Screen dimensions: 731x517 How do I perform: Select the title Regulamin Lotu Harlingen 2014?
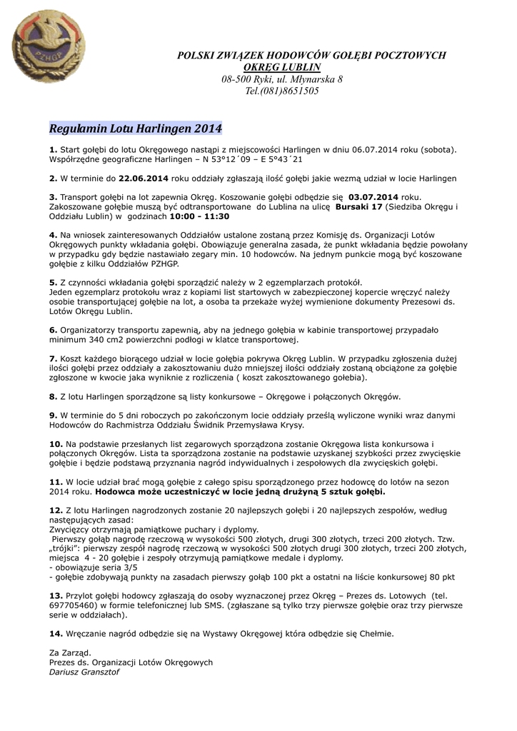(136, 128)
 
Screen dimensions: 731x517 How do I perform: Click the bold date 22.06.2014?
(144, 178)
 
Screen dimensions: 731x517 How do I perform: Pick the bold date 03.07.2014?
(373, 196)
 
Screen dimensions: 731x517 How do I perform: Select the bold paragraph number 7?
(53, 358)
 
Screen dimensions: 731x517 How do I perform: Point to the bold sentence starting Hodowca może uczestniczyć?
(240, 492)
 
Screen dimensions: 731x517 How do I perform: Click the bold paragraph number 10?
(56, 443)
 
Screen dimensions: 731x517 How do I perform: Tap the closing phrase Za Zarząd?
(70, 652)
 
